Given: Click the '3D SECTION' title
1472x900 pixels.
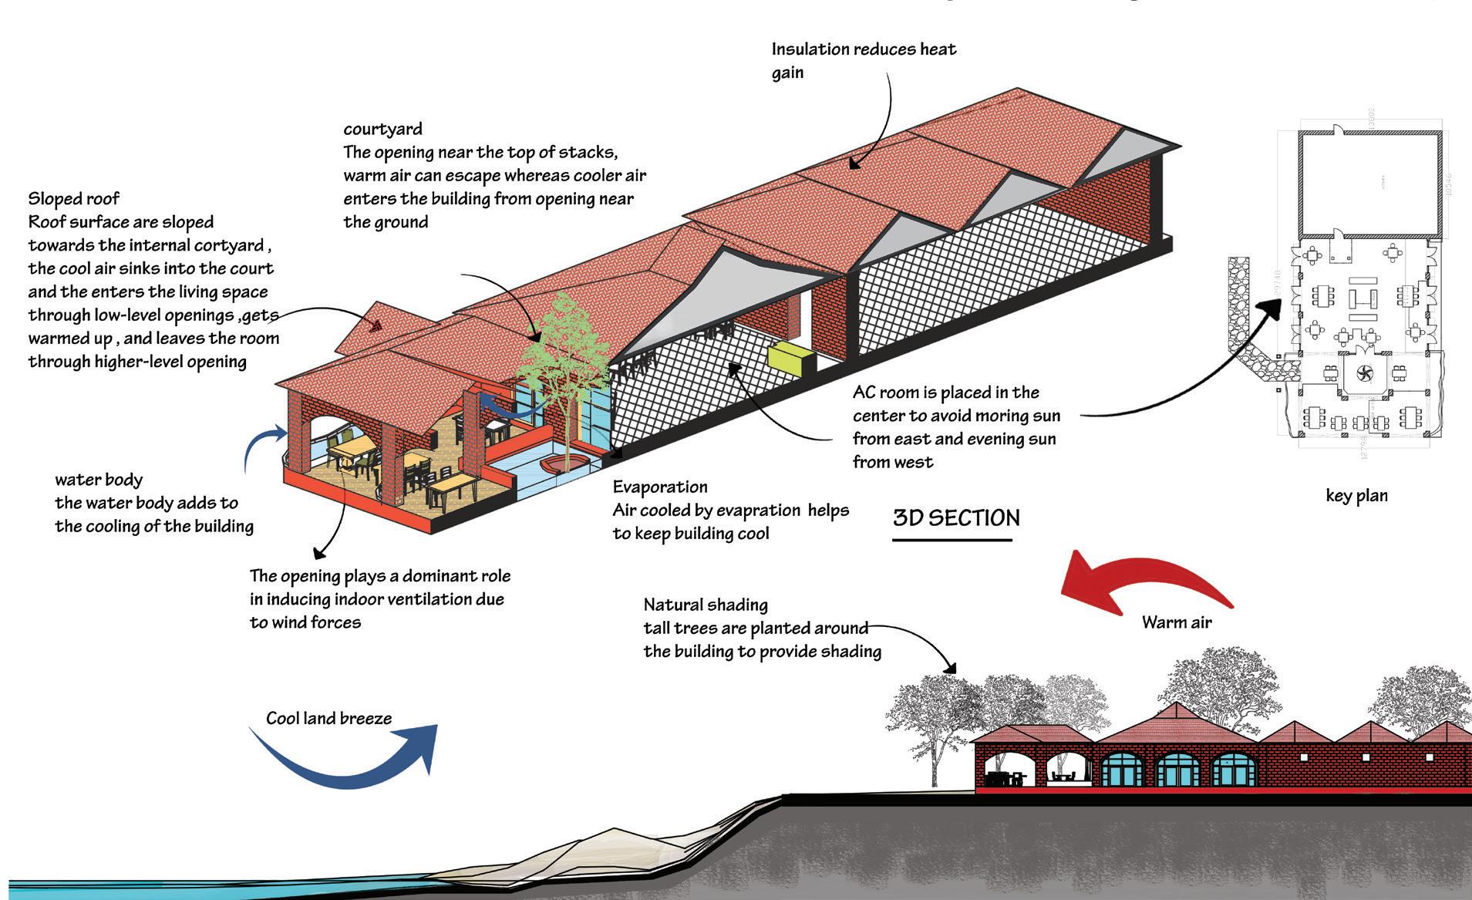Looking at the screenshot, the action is pyautogui.click(x=956, y=517).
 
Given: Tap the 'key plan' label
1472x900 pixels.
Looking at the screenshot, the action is pyautogui.click(x=1356, y=495).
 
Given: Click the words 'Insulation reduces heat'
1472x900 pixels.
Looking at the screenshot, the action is pyautogui.click(x=864, y=49).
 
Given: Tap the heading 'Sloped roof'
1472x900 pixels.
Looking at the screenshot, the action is pyautogui.click(x=74, y=199).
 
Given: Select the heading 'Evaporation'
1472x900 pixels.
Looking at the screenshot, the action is pyautogui.click(x=660, y=487).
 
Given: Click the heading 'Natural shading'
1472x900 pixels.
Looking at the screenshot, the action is pyautogui.click(x=706, y=605).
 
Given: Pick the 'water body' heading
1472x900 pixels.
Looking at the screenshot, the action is pyautogui.click(x=99, y=480).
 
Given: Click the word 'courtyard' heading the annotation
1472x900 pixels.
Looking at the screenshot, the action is pyautogui.click(x=382, y=129).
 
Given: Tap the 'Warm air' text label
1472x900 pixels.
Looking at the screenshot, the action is pyautogui.click(x=1177, y=622).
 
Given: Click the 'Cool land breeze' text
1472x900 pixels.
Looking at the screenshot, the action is pyautogui.click(x=328, y=719).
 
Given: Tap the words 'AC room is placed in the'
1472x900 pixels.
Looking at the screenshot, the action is pyautogui.click(x=945, y=393).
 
